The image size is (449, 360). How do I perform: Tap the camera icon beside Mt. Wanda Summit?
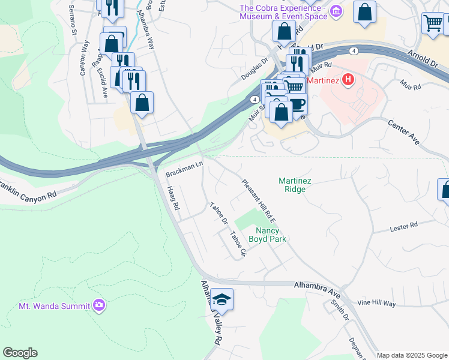[x=99, y=305]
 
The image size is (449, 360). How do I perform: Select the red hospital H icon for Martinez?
[x=348, y=80]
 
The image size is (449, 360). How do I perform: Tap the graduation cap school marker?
[x=221, y=300]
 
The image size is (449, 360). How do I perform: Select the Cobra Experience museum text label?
[x=282, y=12]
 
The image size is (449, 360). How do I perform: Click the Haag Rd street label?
[x=173, y=197]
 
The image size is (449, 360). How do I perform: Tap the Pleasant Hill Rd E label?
[x=259, y=200]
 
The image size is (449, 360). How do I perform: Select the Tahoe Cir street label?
[x=238, y=245]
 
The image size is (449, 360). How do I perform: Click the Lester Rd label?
[x=403, y=226]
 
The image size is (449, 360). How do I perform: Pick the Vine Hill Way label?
[x=376, y=304]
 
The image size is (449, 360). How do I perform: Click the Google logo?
[x=20, y=353]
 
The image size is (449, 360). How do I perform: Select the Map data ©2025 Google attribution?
[x=411, y=355]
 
